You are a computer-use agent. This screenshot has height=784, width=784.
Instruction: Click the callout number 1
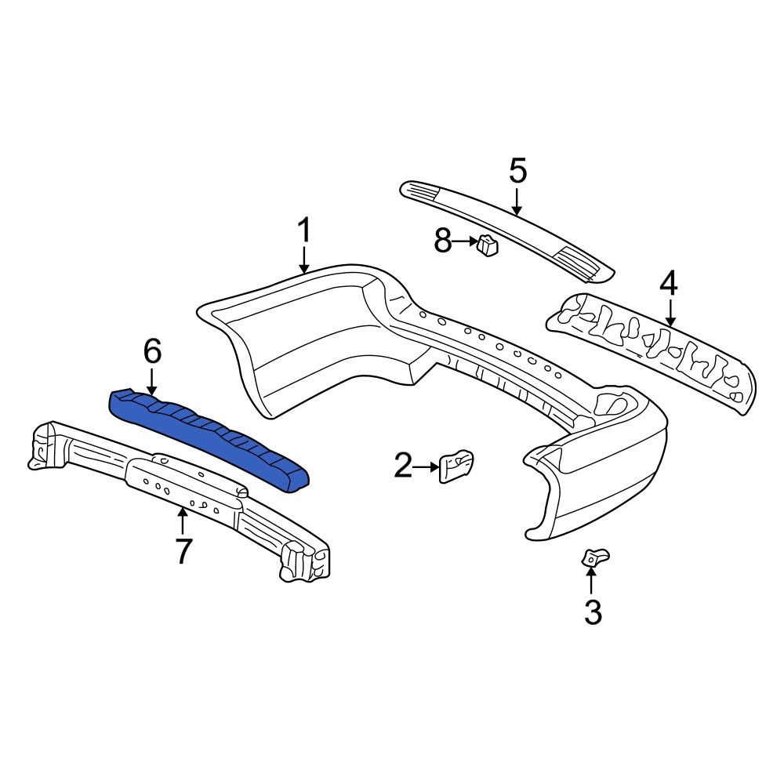(304, 231)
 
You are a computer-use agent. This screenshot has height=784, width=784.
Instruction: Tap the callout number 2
(403, 467)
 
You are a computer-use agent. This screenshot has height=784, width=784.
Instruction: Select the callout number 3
(593, 612)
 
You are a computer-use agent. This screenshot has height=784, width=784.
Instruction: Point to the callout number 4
(668, 284)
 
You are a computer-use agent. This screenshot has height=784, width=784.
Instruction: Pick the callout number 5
(517, 171)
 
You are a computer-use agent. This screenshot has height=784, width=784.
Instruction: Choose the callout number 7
(183, 551)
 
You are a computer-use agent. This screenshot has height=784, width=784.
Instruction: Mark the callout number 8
(444, 242)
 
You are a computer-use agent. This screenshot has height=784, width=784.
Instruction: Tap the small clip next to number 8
(488, 246)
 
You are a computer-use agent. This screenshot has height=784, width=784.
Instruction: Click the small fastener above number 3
(593, 557)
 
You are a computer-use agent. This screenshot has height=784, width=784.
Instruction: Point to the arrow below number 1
(304, 259)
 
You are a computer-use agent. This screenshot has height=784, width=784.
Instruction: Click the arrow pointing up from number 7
(183, 521)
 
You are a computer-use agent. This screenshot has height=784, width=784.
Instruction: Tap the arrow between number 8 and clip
(464, 243)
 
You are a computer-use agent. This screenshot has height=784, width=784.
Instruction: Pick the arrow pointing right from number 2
(426, 467)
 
